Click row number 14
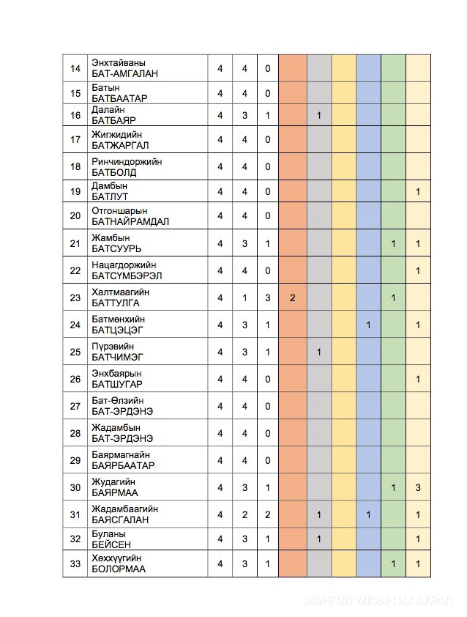click(75, 68)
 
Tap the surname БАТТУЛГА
click(116, 303)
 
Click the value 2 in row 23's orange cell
click(292, 298)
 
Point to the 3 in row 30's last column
click(418, 487)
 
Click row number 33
click(75, 564)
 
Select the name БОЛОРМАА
click(119, 569)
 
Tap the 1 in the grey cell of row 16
click(319, 116)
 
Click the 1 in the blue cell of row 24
click(368, 325)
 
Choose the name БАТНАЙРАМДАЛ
click(131, 221)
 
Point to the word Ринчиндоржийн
click(127, 161)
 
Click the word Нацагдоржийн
click(124, 265)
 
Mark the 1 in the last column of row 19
click(418, 191)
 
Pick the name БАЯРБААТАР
click(123, 465)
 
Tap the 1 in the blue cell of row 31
click(368, 514)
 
